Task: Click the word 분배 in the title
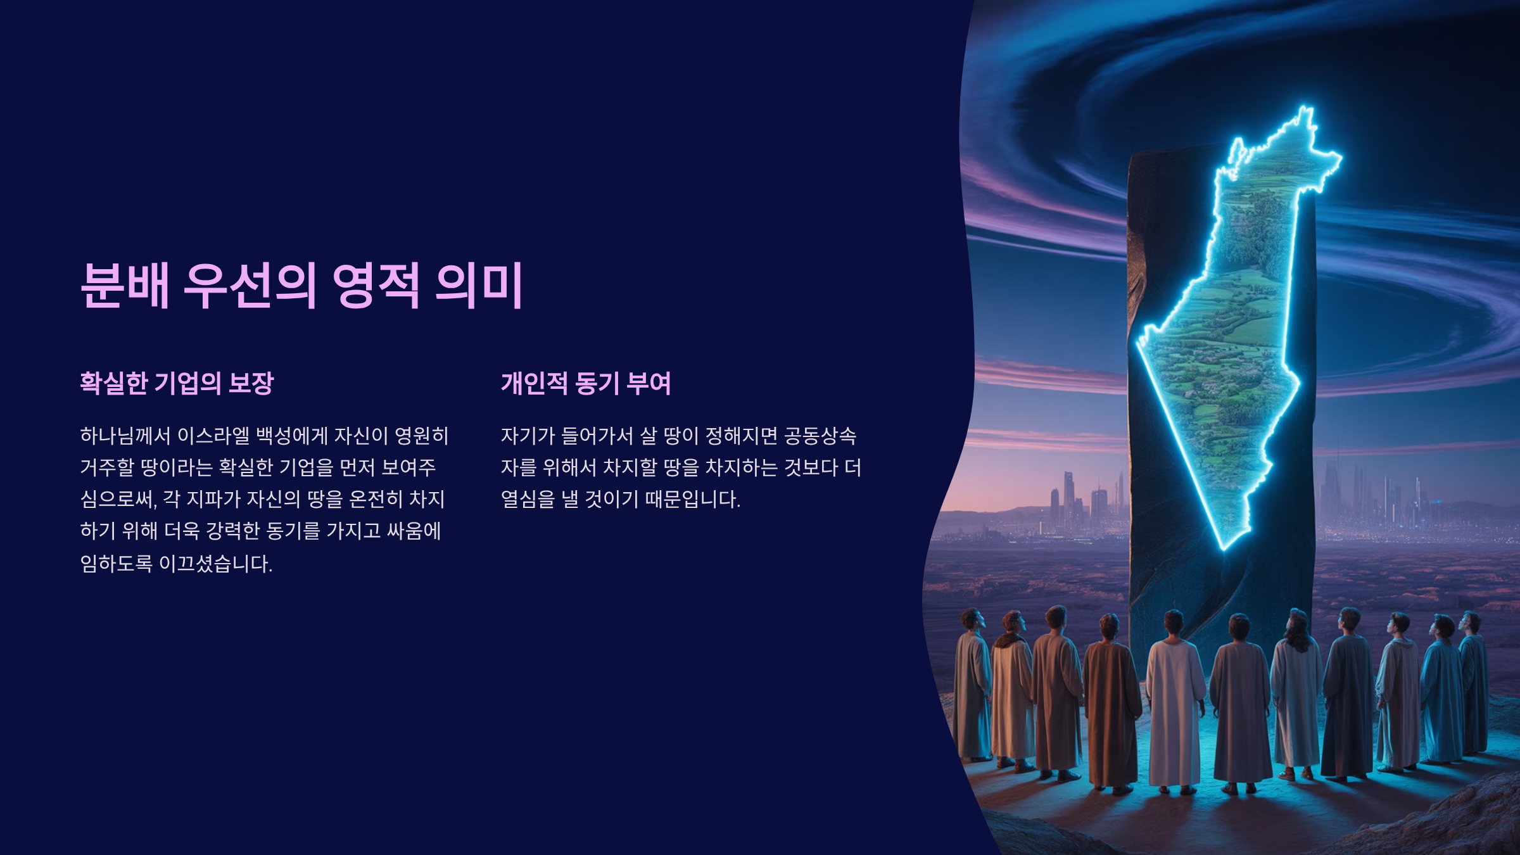[125, 286]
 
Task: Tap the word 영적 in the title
[376, 286]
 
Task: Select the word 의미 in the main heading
[479, 286]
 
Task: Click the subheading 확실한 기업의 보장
[177, 383]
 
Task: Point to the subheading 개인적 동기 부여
[586, 383]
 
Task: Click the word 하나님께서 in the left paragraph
[125, 436]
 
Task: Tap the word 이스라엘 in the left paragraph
[213, 436]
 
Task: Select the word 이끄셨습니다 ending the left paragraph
[215, 563]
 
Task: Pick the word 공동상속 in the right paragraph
[820, 436]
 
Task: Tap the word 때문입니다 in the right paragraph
[693, 500]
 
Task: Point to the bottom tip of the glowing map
[1224, 548]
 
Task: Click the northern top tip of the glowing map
[1305, 109]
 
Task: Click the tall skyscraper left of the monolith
[1069, 500]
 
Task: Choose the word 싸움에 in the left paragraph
[414, 531]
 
